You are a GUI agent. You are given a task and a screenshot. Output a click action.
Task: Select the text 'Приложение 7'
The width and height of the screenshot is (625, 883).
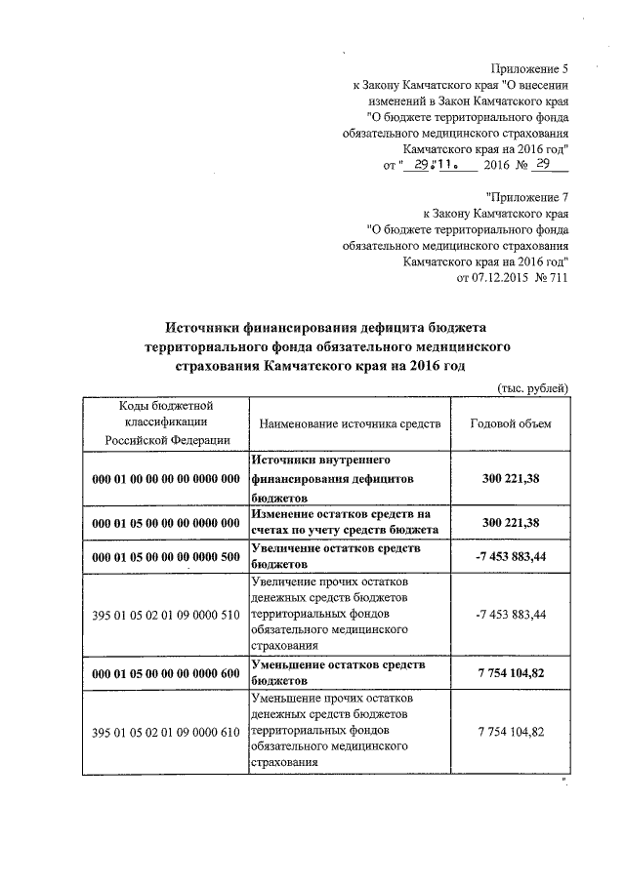[x=526, y=196]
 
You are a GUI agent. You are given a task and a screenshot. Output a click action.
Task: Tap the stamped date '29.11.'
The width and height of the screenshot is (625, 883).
[x=437, y=165]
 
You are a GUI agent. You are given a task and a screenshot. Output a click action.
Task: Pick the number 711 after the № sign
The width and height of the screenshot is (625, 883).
[x=558, y=278]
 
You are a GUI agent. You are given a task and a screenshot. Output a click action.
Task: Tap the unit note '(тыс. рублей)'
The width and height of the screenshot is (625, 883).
[x=532, y=387]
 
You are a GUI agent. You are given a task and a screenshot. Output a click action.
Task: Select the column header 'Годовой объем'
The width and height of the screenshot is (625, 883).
[x=510, y=423]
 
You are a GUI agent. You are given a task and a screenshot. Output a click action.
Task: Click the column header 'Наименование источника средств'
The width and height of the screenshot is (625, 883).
[x=350, y=423]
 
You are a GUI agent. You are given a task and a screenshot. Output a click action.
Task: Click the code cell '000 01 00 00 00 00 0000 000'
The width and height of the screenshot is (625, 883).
[x=165, y=478]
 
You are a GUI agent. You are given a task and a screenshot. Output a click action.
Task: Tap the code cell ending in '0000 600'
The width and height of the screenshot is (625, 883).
[x=165, y=673]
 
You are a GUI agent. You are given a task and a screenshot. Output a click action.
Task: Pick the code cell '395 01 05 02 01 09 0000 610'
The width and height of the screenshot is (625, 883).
[x=165, y=732]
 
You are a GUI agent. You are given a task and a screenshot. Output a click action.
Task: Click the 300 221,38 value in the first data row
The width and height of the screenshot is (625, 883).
[x=510, y=478]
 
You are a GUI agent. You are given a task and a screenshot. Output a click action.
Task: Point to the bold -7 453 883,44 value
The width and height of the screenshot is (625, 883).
[x=510, y=556]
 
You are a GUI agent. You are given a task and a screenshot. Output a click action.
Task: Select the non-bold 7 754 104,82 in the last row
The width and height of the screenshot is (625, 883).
[x=510, y=732]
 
